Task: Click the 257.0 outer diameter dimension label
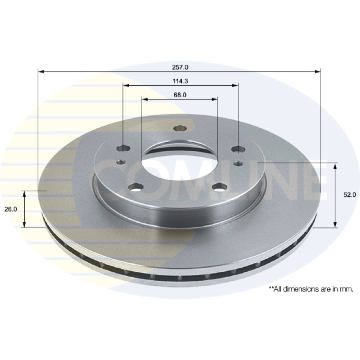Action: [180, 67]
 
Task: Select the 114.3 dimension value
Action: [180, 81]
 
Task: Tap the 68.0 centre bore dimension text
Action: [180, 95]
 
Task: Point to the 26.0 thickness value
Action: [10, 209]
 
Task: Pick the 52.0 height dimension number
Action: [350, 195]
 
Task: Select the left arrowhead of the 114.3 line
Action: [126, 85]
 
